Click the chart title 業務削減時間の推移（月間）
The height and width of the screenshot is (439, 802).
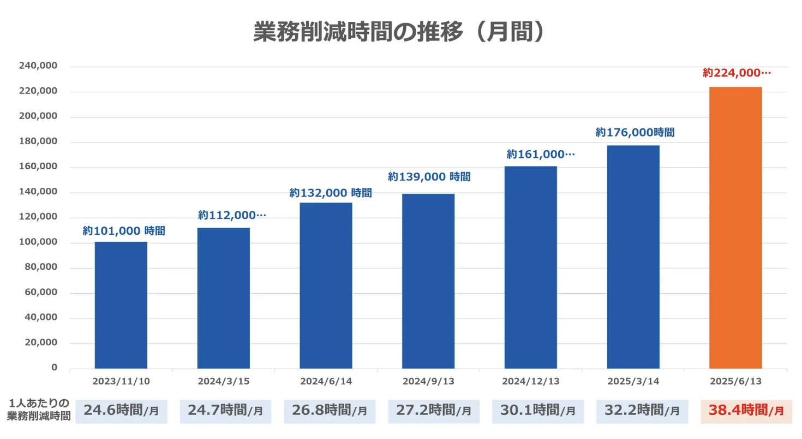click(x=400, y=32)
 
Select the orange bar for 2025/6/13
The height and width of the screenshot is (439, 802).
click(x=735, y=228)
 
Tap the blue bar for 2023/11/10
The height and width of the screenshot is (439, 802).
click(x=121, y=305)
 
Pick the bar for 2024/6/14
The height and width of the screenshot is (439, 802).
click(x=326, y=286)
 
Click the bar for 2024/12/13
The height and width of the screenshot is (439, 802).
click(x=530, y=268)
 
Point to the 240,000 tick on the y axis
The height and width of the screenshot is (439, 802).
click(x=38, y=66)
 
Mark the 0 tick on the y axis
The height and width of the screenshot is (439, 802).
click(x=55, y=367)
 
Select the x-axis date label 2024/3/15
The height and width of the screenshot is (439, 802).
click(x=224, y=381)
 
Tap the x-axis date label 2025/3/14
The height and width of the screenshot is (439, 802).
click(x=633, y=381)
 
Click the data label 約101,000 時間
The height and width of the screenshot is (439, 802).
click(x=124, y=231)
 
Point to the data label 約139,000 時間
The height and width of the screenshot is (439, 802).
click(x=429, y=176)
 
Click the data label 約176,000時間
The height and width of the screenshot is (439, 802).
click(x=635, y=132)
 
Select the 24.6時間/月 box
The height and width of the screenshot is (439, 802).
click(x=121, y=411)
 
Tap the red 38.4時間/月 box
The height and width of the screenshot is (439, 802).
click(x=746, y=411)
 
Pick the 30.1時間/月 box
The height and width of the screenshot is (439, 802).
click(x=537, y=411)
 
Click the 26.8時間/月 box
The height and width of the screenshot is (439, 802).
click(x=330, y=411)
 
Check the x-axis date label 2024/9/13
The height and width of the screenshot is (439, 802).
click(x=428, y=381)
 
